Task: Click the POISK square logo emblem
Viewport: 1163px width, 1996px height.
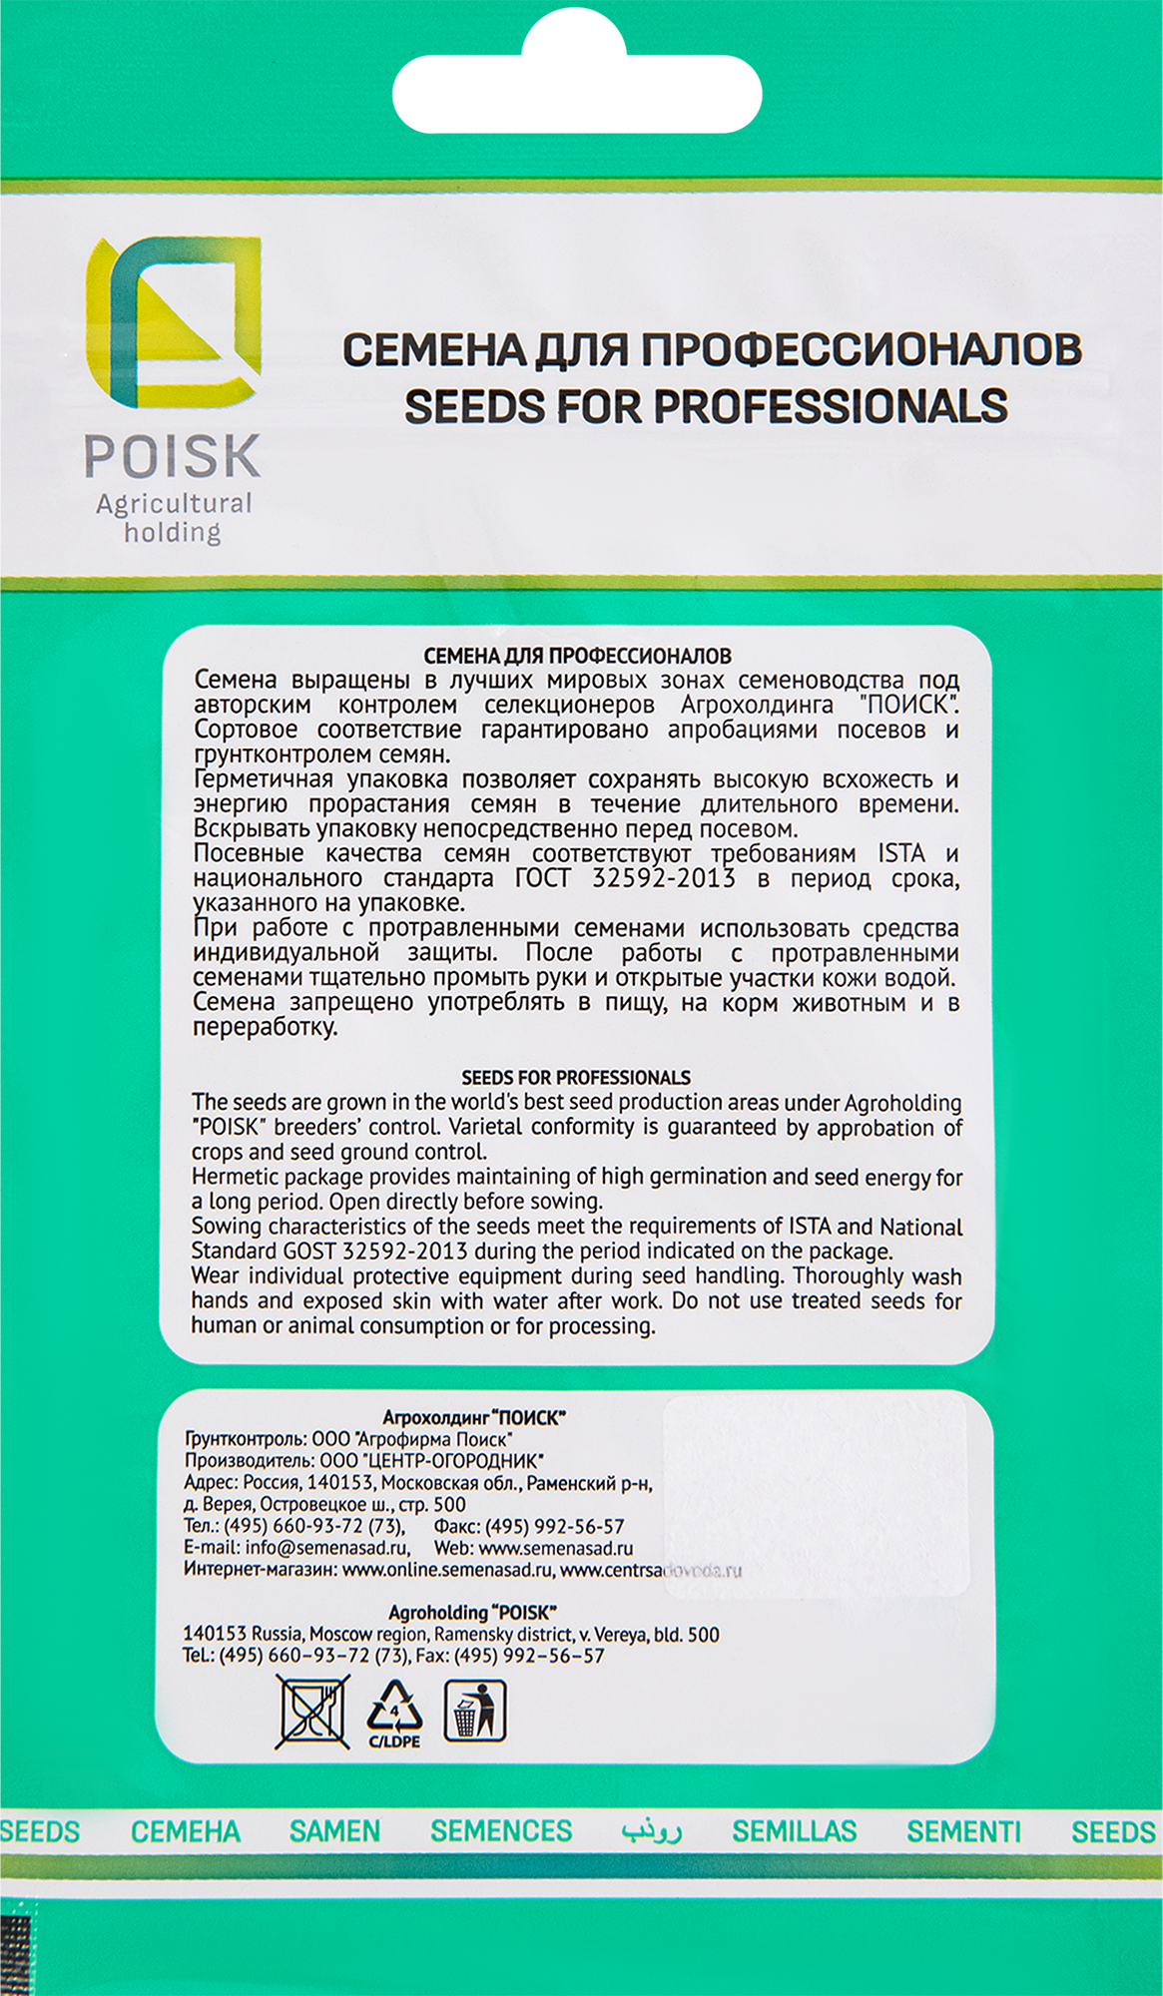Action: pyautogui.click(x=173, y=322)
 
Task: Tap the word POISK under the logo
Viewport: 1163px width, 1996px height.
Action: pyautogui.click(x=173, y=457)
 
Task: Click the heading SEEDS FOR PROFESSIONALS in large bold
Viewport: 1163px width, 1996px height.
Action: pyautogui.click(x=706, y=406)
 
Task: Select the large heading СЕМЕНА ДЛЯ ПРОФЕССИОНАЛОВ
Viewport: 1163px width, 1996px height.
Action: pyautogui.click(x=712, y=349)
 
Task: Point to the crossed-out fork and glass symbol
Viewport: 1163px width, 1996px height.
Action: pyautogui.click(x=312, y=1712)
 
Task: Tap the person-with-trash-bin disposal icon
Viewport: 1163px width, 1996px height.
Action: pyautogui.click(x=475, y=1711)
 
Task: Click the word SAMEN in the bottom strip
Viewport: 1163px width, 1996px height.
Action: pyautogui.click(x=334, y=1831)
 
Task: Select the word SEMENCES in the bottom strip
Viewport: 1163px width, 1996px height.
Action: pyautogui.click(x=501, y=1831)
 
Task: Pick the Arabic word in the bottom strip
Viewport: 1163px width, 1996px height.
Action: pyautogui.click(x=651, y=1831)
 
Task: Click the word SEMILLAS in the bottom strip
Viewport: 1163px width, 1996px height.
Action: pyautogui.click(x=795, y=1831)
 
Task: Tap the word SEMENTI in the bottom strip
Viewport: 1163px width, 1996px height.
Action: pyautogui.click(x=963, y=1831)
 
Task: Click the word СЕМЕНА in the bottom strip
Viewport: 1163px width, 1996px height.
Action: pyautogui.click(x=186, y=1831)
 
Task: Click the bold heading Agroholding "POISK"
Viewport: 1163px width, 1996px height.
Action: pyautogui.click(x=472, y=1613)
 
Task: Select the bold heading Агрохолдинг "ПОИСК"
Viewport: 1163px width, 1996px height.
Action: pyautogui.click(x=474, y=1417)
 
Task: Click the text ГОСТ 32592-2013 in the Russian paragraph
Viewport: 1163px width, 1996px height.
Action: pyautogui.click(x=625, y=878)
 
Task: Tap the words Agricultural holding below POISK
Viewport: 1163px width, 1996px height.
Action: pyautogui.click(x=174, y=518)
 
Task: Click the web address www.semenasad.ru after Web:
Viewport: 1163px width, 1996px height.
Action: pyautogui.click(x=556, y=1548)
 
